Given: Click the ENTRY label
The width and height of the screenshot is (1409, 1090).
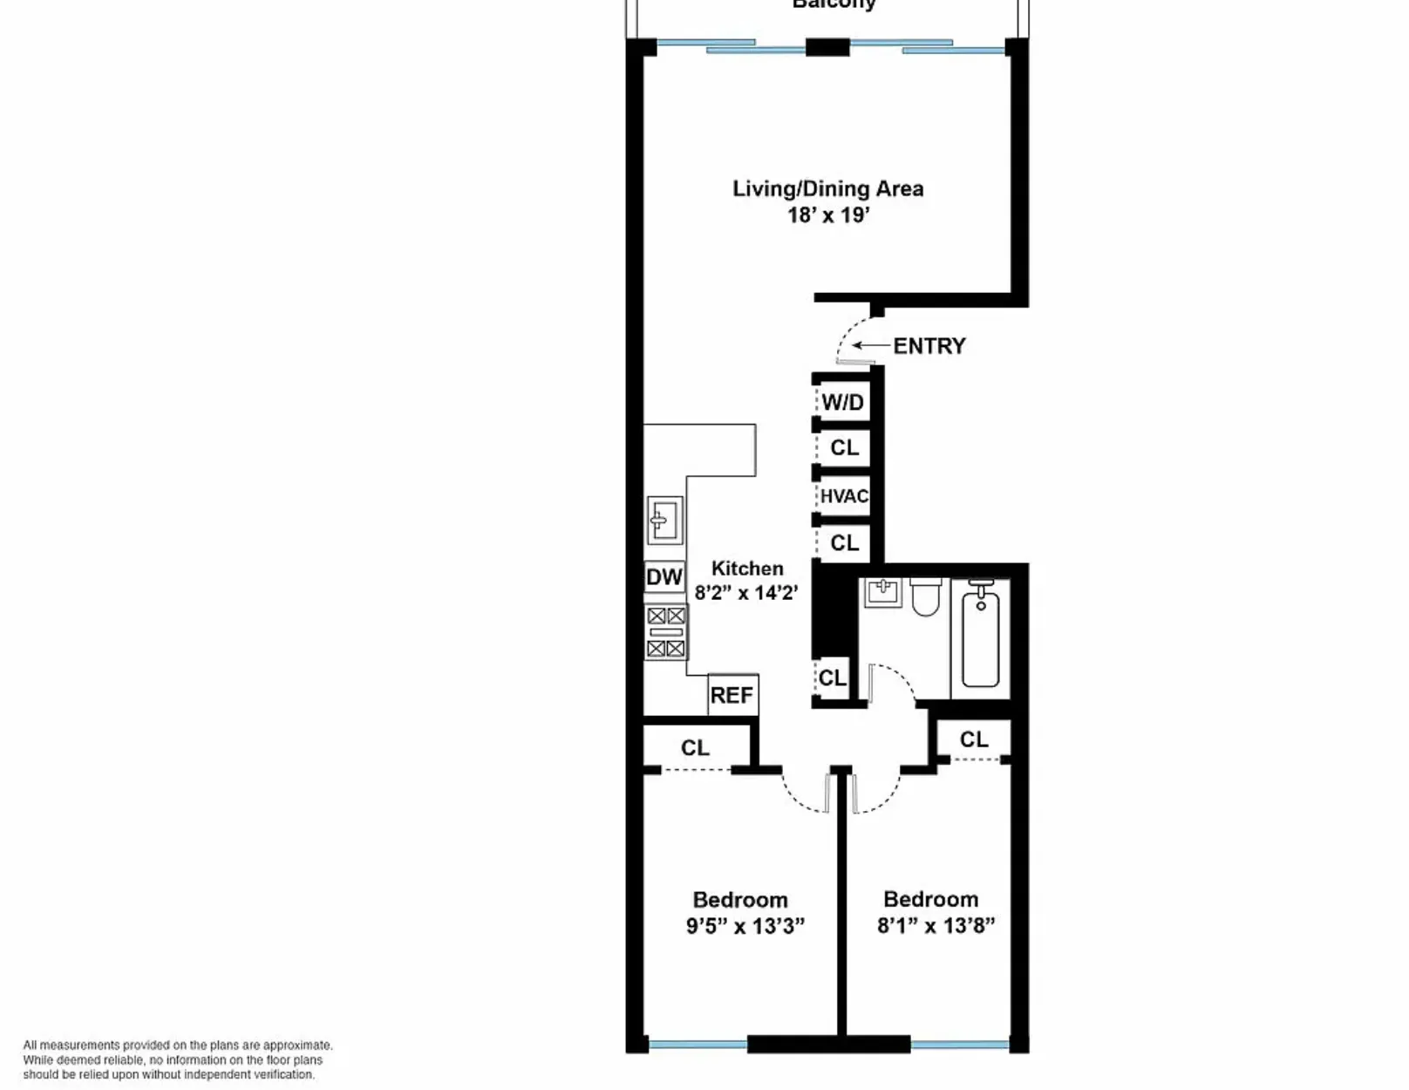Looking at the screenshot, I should point(929,346).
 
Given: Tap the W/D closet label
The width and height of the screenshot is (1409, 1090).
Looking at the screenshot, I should point(842,402).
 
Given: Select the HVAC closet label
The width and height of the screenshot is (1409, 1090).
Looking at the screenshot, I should point(844,496).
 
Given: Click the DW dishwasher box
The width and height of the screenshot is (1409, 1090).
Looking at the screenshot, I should point(664,576).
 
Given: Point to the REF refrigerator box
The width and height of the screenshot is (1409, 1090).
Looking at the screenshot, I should point(732,695).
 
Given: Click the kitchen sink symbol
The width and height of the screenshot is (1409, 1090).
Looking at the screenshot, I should point(665,521).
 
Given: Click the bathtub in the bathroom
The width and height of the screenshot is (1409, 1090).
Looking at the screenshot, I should point(981,636).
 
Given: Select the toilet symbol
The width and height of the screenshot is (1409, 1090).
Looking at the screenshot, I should point(926,597).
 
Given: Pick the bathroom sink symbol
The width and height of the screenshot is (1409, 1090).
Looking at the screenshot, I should point(882,593).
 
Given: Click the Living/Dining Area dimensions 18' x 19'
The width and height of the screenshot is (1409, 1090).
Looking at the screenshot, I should point(828,215).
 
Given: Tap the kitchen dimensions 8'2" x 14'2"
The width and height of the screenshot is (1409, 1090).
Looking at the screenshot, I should point(746,593).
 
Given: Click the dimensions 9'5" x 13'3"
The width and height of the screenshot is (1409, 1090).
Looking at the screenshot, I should point(745,925).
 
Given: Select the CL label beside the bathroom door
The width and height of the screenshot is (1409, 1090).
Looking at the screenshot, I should point(832,678).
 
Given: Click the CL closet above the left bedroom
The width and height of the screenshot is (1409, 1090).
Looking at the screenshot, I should point(695,748).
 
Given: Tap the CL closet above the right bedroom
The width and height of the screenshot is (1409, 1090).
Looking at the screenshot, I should point(974,739).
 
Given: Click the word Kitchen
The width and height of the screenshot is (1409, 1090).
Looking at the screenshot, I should point(747,569).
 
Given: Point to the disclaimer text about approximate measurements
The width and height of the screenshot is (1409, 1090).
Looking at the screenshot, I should point(178,1059).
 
